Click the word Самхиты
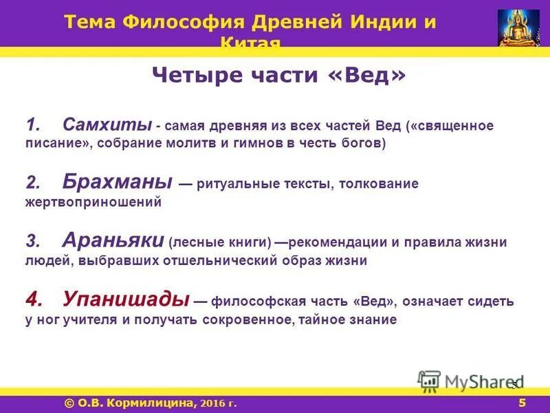pyautogui.click(x=107, y=125)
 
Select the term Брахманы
pyautogui.click(x=117, y=182)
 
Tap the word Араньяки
pyautogui.click(x=112, y=240)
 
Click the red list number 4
pyautogui.click(x=34, y=299)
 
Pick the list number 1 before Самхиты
pyautogui.click(x=34, y=126)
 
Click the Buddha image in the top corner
pyautogui.click(x=519, y=28)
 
